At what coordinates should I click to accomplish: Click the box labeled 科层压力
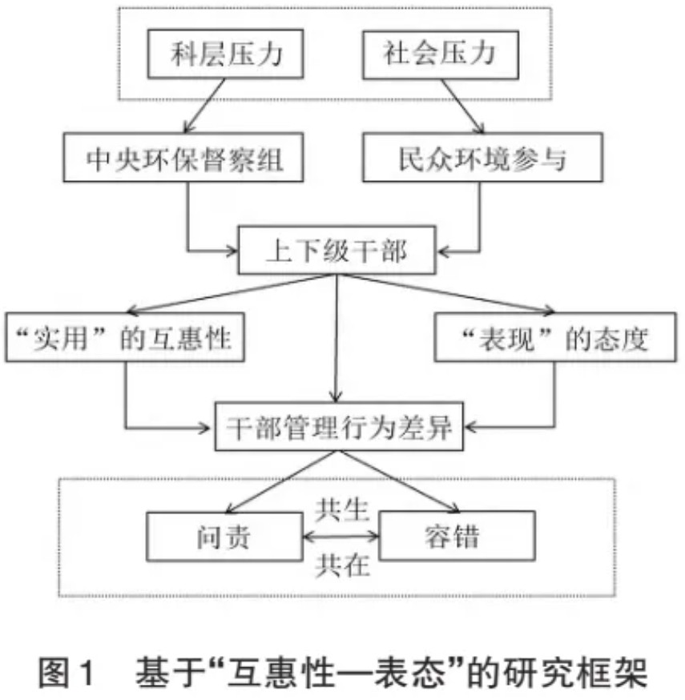pos(225,54)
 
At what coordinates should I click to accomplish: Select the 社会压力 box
pos(441,55)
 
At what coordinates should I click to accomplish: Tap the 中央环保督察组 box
pos(183,157)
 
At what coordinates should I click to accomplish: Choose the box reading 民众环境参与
pos(482,157)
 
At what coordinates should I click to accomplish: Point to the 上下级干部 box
pos(337,250)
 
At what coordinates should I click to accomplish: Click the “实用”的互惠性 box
pos(125,337)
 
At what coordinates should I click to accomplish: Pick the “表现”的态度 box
pos(555,337)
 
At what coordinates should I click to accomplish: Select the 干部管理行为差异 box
pos(339,426)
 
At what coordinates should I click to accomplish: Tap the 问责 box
pos(224,536)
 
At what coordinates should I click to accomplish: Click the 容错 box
pos(457,535)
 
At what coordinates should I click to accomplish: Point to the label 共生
pos(342,510)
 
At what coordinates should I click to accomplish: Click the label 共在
pos(342,565)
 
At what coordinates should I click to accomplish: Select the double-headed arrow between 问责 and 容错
pos(341,536)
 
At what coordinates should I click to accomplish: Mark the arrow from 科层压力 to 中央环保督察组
pos(204,106)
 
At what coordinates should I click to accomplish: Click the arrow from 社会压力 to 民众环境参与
pos(462,107)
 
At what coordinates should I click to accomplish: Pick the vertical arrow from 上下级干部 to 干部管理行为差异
pos(336,338)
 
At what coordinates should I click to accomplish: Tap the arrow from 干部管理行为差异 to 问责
pos(282,481)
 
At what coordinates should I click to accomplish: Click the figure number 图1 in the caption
pos(67,672)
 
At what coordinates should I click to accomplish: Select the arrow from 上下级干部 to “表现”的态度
pos(446,293)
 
